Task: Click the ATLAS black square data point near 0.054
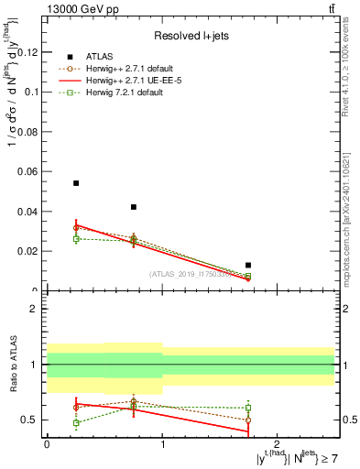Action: coord(76,183)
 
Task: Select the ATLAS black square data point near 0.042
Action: coord(134,207)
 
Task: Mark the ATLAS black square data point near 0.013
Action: coord(248,265)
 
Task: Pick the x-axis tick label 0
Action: coord(47,444)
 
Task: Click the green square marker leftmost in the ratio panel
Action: coord(76,423)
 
